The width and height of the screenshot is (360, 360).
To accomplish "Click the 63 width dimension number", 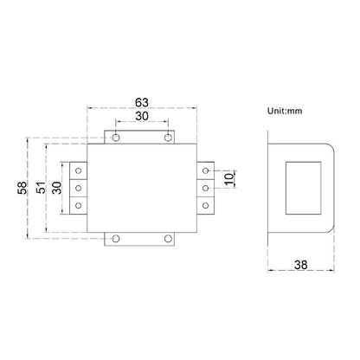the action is click(142, 102).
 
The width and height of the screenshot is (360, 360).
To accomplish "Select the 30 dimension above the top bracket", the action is click(142, 116).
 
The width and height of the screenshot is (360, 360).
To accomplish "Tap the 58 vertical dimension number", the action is click(22, 188).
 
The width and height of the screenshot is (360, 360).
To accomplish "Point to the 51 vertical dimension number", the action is click(42, 188).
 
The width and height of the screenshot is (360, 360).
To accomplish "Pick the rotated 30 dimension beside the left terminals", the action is click(57, 188).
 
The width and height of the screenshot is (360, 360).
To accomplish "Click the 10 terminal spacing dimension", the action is click(228, 179).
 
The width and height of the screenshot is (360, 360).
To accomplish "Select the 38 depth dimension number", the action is click(301, 265).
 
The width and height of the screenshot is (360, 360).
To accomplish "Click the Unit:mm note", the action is click(285, 111).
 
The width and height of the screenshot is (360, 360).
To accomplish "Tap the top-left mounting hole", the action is click(116, 138).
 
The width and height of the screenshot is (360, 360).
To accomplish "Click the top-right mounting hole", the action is click(168, 138).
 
